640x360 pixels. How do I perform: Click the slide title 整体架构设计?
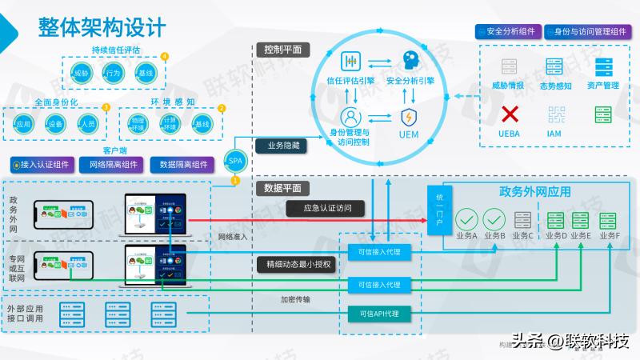[102, 26]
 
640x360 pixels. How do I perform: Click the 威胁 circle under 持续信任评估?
[81, 74]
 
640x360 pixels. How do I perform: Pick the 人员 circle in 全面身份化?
[88, 124]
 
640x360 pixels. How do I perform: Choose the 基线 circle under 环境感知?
[202, 124]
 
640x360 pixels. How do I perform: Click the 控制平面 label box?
[282, 50]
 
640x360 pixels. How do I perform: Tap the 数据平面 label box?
[282, 188]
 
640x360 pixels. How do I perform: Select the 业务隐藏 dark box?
[282, 146]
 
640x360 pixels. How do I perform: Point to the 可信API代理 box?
[379, 313]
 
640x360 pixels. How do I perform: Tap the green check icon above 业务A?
[466, 219]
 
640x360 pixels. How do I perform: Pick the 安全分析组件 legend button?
[506, 32]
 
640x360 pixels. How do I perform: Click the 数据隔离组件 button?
[183, 165]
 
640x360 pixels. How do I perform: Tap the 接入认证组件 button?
[42, 165]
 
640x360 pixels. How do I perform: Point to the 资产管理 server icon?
[602, 67]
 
